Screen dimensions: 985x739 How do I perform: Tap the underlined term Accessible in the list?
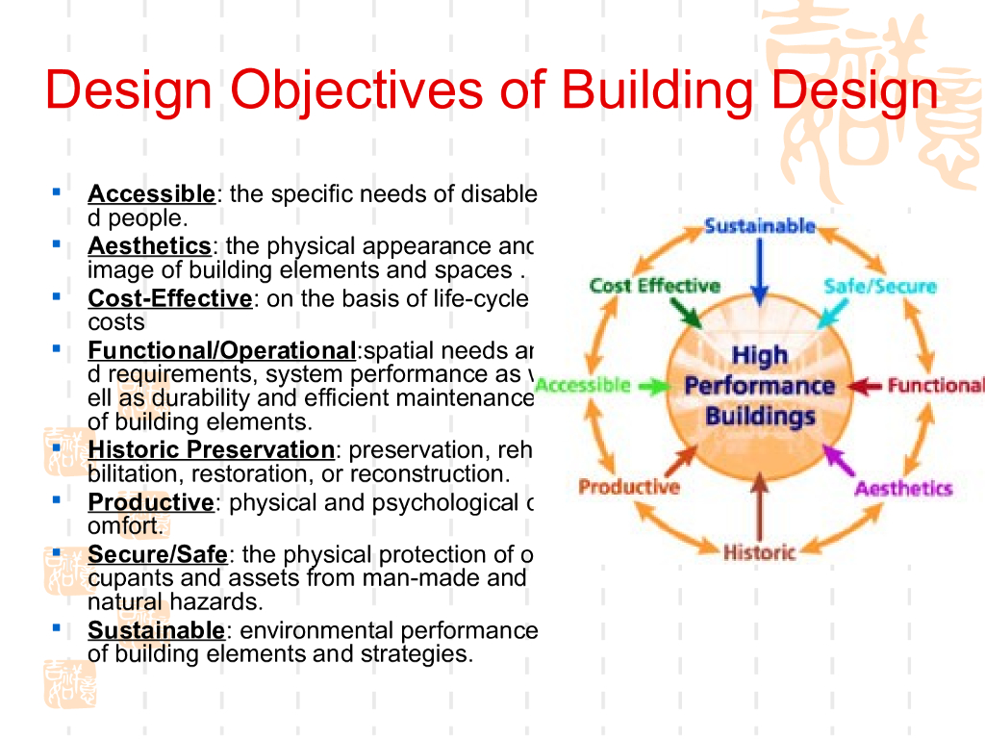(151, 193)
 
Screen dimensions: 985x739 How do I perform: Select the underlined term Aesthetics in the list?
(149, 245)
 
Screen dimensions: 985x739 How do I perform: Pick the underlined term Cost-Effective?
(169, 298)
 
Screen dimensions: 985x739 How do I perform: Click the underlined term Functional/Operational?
(221, 350)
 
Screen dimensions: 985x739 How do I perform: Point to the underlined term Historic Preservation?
(211, 449)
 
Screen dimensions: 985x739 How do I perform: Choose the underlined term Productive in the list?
(150, 502)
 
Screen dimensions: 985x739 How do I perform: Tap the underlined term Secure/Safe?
(158, 554)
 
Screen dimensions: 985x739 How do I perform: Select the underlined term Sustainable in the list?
(156, 630)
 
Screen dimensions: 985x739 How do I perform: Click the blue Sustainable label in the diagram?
(760, 226)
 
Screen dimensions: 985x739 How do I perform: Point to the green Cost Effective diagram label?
(654, 286)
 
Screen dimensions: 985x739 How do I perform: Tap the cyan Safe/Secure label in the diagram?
(879, 286)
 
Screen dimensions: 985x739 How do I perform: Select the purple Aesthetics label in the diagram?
(903, 489)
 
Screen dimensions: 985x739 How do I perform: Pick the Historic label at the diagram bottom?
(760, 553)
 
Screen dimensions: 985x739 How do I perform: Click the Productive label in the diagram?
(628, 487)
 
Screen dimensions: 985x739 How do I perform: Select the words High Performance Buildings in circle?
(760, 386)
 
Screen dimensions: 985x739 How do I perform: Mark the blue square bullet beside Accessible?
(57, 191)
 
